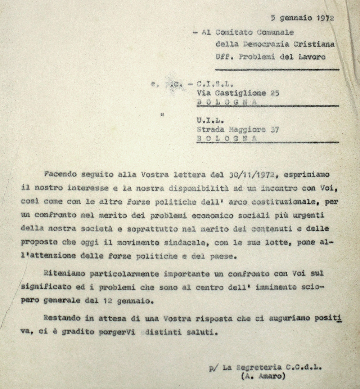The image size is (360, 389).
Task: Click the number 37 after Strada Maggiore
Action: click(x=274, y=129)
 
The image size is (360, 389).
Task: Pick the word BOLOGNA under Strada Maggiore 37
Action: click(x=227, y=138)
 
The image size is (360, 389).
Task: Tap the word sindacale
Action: click(x=185, y=242)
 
